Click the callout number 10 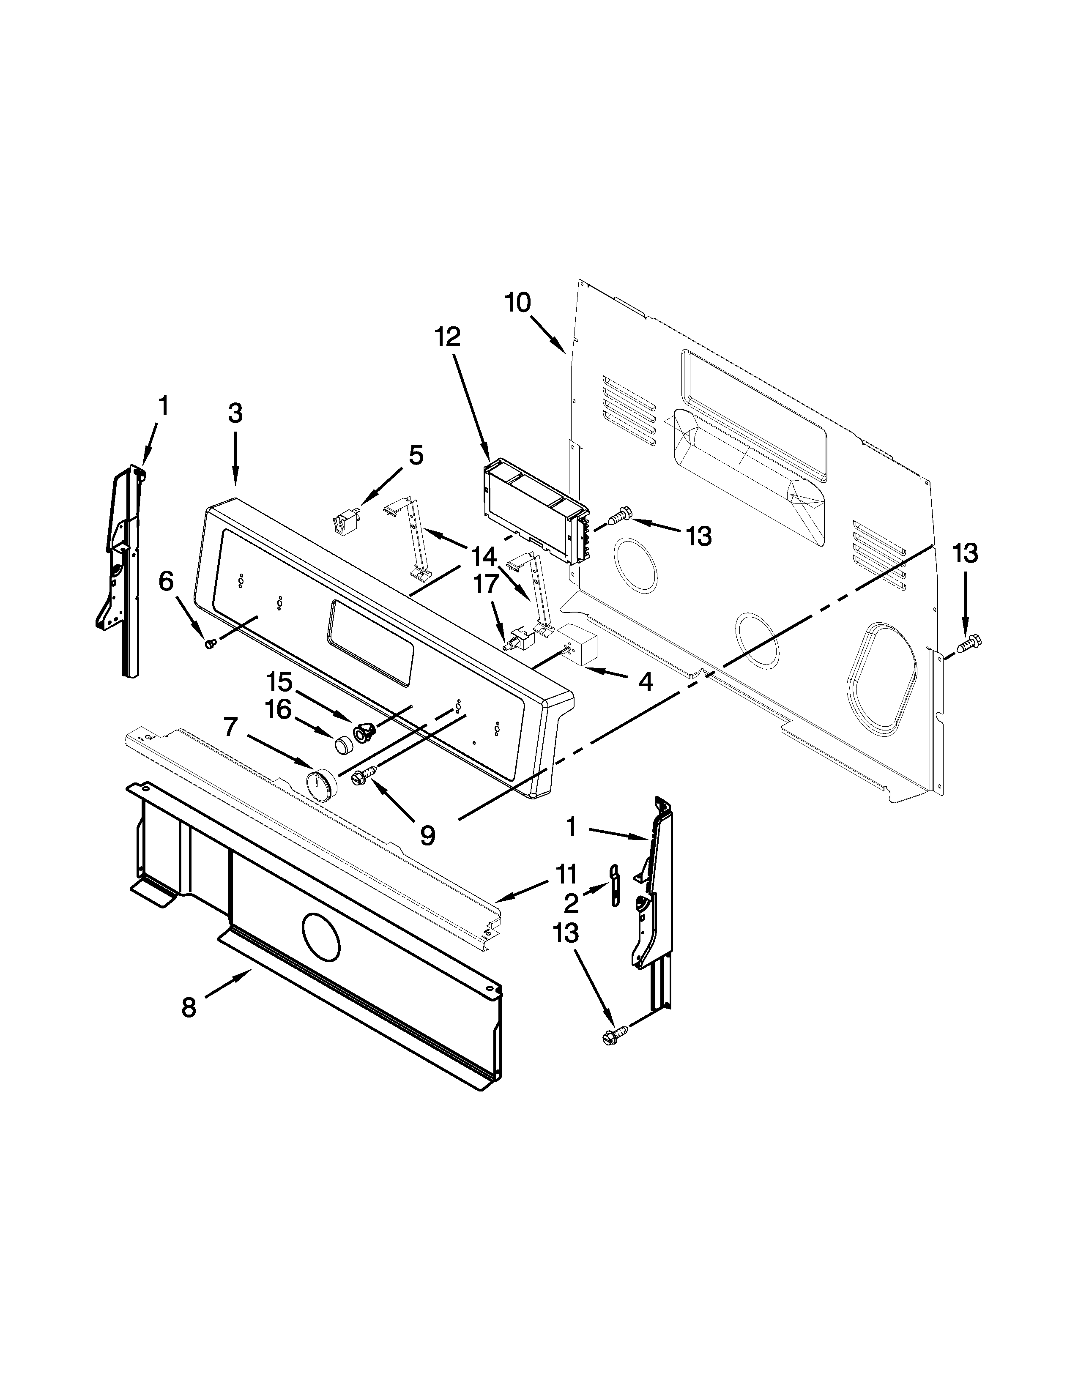pyautogui.click(x=517, y=302)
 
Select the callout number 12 pyautogui.click(x=448, y=337)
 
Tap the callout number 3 pyautogui.click(x=235, y=414)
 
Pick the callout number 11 pyautogui.click(x=566, y=874)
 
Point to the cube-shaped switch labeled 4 pyautogui.click(x=577, y=645)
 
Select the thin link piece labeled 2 pyautogui.click(x=614, y=885)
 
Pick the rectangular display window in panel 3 pyautogui.click(x=370, y=643)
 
